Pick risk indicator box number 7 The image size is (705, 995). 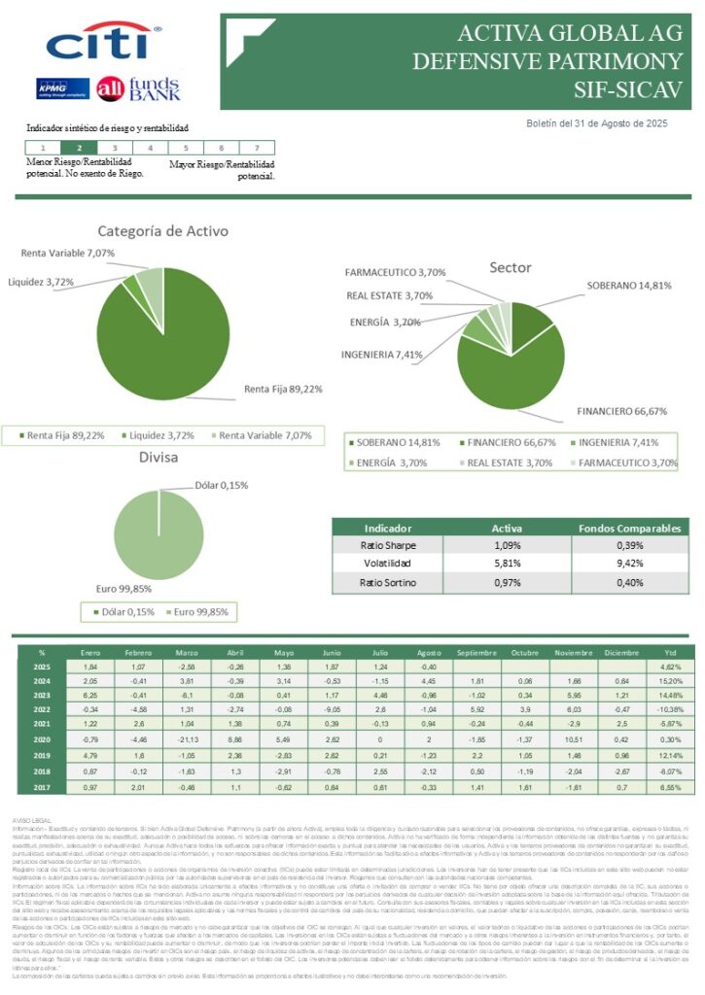[256, 148]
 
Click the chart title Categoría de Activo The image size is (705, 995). [162, 231]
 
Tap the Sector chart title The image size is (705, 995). [510, 267]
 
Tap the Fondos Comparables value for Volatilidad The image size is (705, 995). [629, 564]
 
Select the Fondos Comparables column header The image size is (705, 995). [629, 527]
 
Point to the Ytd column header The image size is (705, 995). [669, 652]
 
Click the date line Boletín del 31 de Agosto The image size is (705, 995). [596, 123]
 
